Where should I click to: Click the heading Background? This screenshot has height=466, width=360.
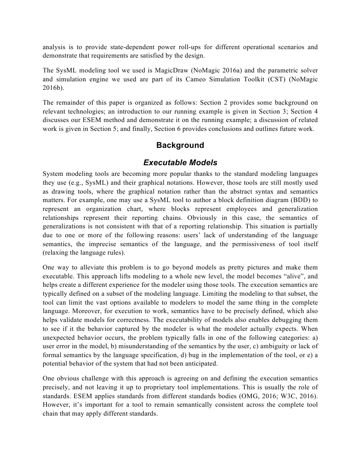pyautogui.click(x=180, y=145)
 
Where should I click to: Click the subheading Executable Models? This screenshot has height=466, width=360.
pyautogui.click(x=180, y=163)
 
